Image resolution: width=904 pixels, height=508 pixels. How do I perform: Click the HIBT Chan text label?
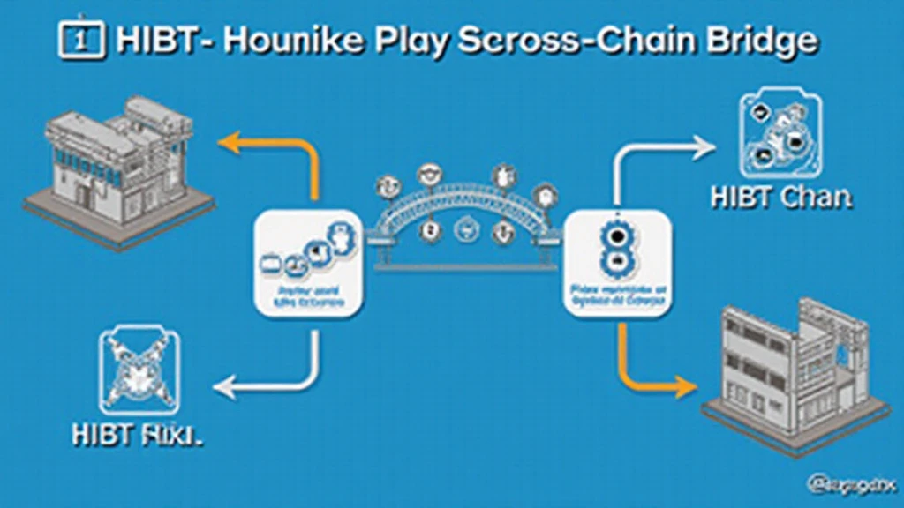[x=781, y=197]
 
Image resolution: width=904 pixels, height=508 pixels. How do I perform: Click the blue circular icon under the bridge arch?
[x=463, y=231]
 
